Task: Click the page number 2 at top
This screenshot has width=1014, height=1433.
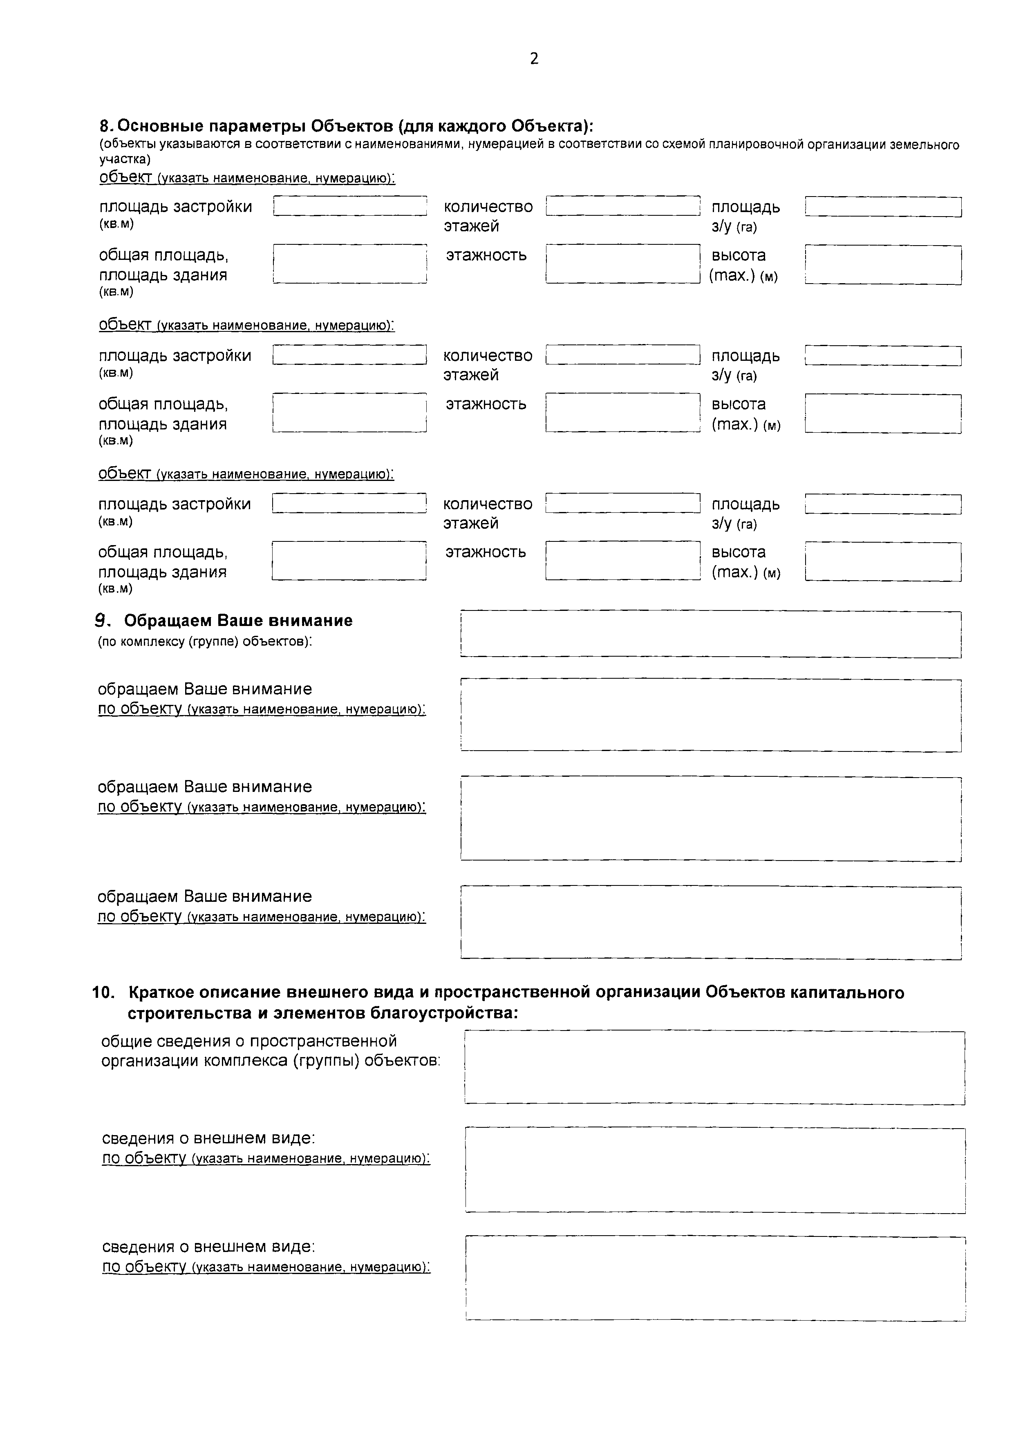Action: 534,59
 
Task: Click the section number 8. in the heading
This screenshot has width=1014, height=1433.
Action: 106,126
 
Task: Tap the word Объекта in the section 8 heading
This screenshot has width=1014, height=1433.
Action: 548,126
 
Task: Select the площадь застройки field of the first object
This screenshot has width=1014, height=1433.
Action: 350,206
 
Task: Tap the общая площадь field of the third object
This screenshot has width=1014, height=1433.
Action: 349,561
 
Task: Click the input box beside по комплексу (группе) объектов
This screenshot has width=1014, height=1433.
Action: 711,634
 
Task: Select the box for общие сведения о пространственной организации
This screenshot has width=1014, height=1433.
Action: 714,1067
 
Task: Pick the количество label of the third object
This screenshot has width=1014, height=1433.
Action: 488,504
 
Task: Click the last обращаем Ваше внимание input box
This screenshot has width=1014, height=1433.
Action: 711,923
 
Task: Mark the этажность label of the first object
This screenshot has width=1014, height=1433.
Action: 486,255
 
